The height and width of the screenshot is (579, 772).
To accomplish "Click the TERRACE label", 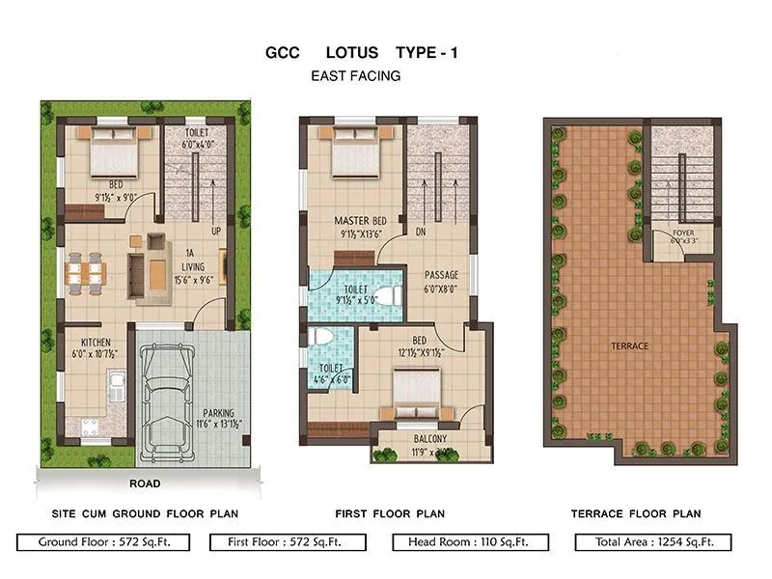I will [628, 345].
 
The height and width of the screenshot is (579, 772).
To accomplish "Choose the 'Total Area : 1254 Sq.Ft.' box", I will [652, 542].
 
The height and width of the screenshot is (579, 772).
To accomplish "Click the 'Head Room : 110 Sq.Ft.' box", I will [470, 542].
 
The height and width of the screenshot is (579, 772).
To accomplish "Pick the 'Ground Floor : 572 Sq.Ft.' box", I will [102, 542].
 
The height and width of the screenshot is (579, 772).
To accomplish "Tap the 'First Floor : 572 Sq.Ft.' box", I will [286, 542].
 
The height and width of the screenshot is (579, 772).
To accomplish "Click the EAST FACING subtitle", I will [356, 75].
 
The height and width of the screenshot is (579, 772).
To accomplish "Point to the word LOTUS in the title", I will [356, 53].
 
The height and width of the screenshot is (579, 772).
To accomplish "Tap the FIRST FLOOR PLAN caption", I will [390, 513].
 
